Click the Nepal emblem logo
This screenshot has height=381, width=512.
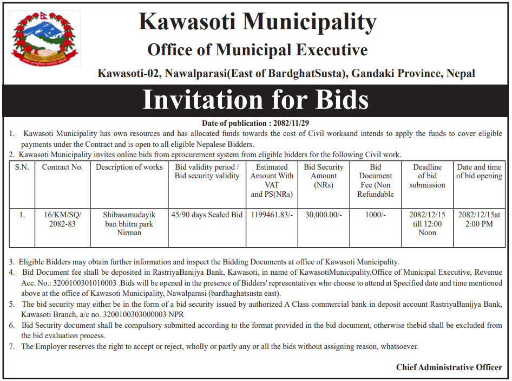pyautogui.click(x=45, y=38)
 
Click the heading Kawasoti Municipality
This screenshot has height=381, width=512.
pyautogui.click(x=257, y=22)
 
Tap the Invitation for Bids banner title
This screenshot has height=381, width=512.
pyautogui.click(x=255, y=100)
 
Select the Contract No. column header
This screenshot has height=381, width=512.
pyautogui.click(x=62, y=167)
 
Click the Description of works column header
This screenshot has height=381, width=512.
pyautogui.click(x=129, y=167)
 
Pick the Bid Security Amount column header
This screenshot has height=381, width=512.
pyautogui.click(x=324, y=176)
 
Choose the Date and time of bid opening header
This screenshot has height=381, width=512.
pyautogui.click(x=479, y=172)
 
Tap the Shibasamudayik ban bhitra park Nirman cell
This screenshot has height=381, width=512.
pyautogui.click(x=129, y=223)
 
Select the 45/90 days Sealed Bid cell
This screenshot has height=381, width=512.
pyautogui.click(x=207, y=215)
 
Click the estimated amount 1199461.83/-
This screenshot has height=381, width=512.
pyautogui.click(x=272, y=215)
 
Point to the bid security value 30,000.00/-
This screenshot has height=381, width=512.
pyautogui.click(x=324, y=215)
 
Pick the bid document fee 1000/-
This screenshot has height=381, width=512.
pyautogui.click(x=376, y=215)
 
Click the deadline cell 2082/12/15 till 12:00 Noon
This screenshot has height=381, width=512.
pyautogui.click(x=427, y=223)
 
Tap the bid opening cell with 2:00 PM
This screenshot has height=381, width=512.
pyautogui.click(x=479, y=219)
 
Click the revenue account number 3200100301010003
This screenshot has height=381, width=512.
pyautogui.click(x=87, y=283)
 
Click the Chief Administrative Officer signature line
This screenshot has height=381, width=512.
pyautogui.click(x=449, y=367)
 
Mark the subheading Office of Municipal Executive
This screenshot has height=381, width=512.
pyautogui.click(x=257, y=50)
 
